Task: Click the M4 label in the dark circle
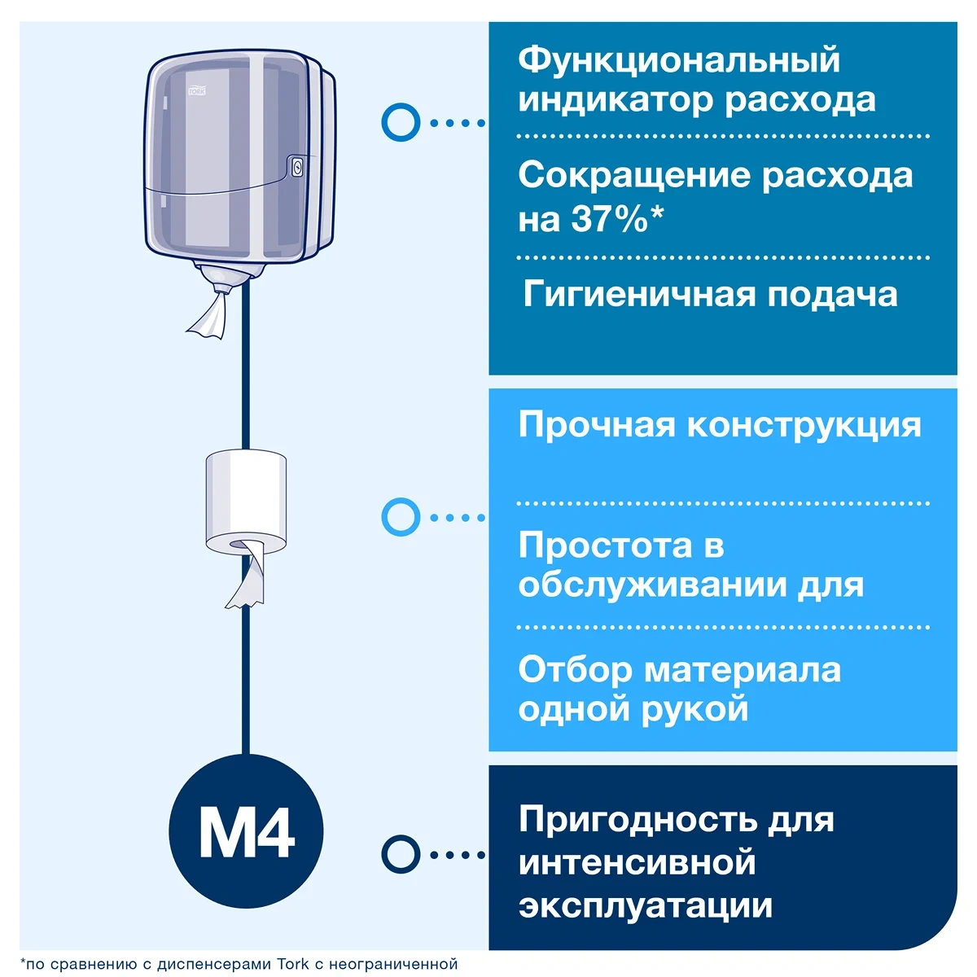point(247,833)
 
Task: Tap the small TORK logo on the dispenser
point(197,90)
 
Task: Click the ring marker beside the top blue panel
point(401,122)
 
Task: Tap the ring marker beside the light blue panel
point(401,517)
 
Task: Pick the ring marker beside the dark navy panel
point(401,854)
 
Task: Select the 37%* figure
point(617,219)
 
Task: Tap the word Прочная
point(596,425)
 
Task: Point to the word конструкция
point(804,426)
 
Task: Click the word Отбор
point(575,670)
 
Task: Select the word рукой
point(694,710)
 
